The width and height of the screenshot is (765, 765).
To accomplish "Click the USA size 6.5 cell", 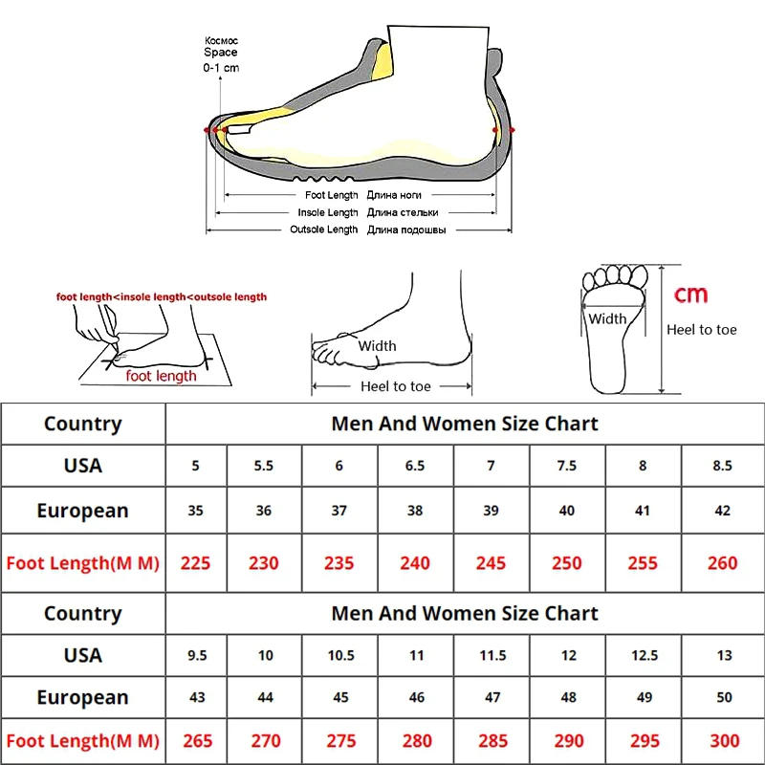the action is pyautogui.click(x=415, y=466).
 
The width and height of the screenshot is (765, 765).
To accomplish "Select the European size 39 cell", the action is pyautogui.click(x=491, y=511).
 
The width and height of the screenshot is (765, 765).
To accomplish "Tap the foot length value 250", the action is pyautogui.click(x=566, y=562).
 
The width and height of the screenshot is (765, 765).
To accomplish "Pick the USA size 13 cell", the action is pyautogui.click(x=723, y=655).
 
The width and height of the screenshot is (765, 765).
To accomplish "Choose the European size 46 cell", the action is pyautogui.click(x=415, y=698).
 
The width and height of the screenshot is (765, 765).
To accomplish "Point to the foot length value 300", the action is pyautogui.click(x=723, y=741).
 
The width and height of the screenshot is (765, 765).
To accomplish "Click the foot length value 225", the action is pyautogui.click(x=195, y=562).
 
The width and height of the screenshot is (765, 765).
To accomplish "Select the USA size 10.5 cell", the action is pyautogui.click(x=340, y=655).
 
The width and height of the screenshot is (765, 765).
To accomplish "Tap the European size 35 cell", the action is pyautogui.click(x=195, y=511).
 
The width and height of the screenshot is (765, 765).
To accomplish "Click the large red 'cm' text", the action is pyautogui.click(x=691, y=294).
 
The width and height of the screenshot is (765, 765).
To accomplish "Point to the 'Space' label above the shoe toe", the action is pyautogui.click(x=220, y=54).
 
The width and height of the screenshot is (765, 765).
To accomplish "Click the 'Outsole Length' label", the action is pyautogui.click(x=323, y=229).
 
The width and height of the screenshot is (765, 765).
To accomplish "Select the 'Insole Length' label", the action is pyautogui.click(x=327, y=212).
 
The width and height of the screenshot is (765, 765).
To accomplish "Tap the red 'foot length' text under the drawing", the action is pyautogui.click(x=161, y=376).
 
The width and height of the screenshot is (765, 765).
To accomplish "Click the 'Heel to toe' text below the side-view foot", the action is pyautogui.click(x=395, y=386).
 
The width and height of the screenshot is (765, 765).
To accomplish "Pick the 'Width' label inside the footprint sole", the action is pyautogui.click(x=607, y=318).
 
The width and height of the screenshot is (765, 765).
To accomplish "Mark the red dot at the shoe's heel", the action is pyautogui.click(x=512, y=128).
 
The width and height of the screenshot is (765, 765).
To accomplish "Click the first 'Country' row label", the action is pyautogui.click(x=82, y=424).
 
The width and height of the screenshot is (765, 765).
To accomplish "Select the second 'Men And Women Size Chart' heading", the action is pyautogui.click(x=465, y=613).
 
